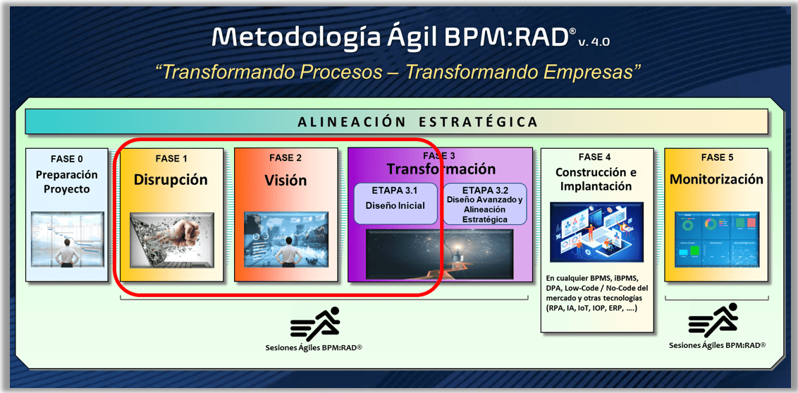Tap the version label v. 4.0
[594, 41]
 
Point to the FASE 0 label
[67, 158]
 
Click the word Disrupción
[171, 179]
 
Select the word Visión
[285, 180]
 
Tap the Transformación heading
[441, 169]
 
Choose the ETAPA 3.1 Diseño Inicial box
[395, 203]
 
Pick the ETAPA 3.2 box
[484, 204]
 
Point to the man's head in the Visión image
[289, 241]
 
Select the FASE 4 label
[596, 157]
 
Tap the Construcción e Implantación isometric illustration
[596, 231]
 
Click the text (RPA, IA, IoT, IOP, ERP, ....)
[591, 308]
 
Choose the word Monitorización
[716, 180]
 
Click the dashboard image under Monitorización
[716, 239]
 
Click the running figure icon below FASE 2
[316, 324]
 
